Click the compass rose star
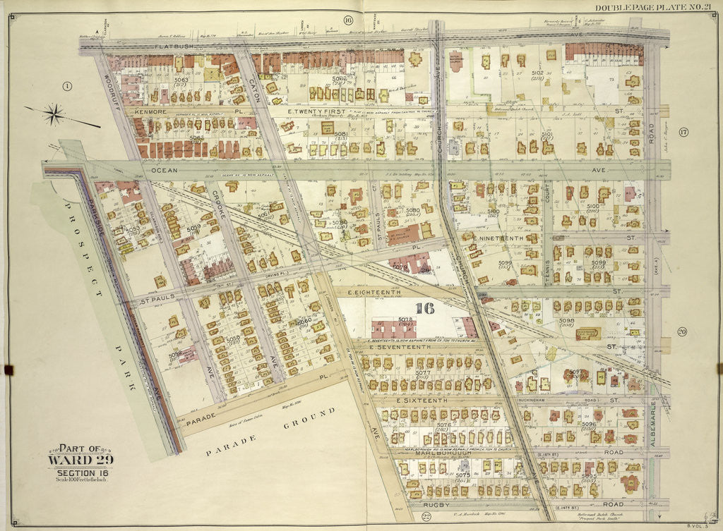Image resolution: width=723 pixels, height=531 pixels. (x=54, y=113)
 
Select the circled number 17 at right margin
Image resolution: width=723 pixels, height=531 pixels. (x=683, y=133)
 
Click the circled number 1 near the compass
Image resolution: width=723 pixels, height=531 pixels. (x=67, y=86)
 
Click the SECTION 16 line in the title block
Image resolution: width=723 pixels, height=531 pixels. (x=80, y=472)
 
